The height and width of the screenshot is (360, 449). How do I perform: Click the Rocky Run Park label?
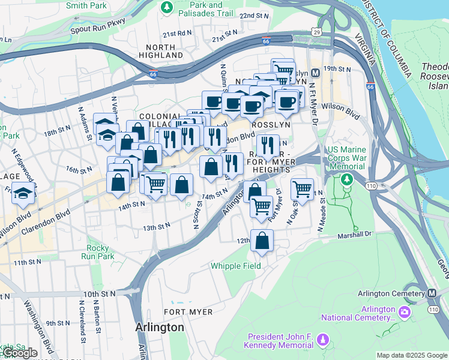point(98,252)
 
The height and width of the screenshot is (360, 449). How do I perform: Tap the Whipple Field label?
point(235,266)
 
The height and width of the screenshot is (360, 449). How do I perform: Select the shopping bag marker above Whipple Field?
point(262,241)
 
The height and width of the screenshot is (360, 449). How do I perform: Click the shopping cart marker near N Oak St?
point(302,189)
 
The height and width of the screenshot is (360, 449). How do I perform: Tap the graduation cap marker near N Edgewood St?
point(23,194)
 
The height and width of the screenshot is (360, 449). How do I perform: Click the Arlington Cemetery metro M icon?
point(432,293)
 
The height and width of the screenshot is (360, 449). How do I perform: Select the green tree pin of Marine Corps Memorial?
point(346,179)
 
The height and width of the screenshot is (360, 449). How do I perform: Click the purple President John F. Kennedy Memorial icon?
point(323,340)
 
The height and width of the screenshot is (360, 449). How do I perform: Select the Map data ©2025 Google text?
point(411,355)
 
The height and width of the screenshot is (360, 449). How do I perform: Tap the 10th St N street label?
point(99,294)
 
